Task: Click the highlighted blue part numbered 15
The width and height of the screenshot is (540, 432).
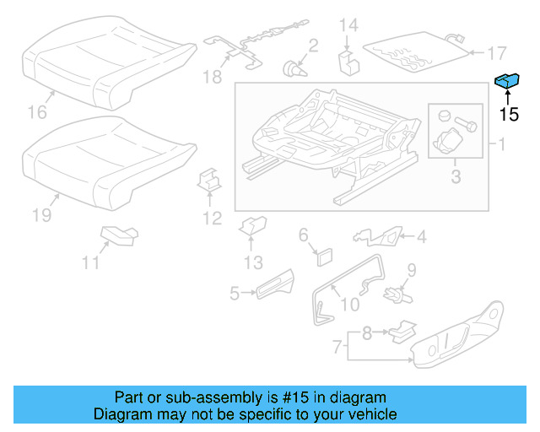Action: (x=507, y=80)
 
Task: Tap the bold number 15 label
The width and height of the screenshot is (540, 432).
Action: (x=508, y=115)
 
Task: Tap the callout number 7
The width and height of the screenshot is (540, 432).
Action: (x=336, y=345)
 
